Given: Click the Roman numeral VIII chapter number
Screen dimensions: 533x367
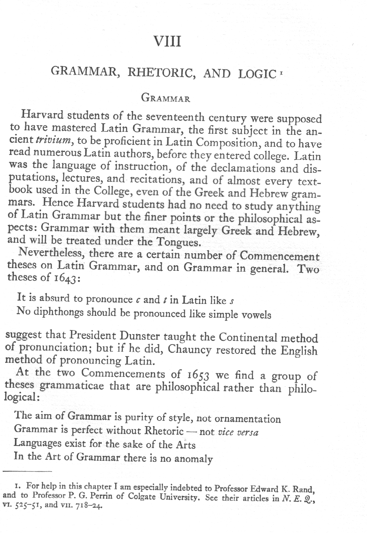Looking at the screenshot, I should pos(167,41).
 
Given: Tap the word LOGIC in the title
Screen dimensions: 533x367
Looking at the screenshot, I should pos(255,73).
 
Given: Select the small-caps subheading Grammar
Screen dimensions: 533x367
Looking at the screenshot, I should pos(166,98).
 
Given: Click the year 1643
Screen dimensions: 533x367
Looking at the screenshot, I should pos(65,279).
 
